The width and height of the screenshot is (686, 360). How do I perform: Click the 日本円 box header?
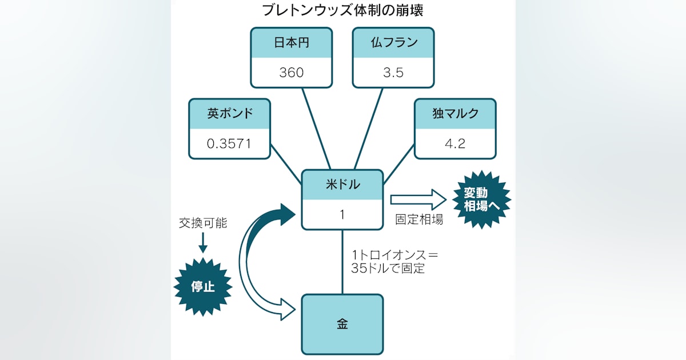[x=292, y=43]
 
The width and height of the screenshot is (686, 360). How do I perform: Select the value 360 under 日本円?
[x=292, y=73]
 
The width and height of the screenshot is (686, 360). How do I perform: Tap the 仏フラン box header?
[x=393, y=43]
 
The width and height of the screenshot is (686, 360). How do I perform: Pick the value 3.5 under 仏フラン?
[x=393, y=73]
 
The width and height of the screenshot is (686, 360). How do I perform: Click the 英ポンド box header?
[x=229, y=113]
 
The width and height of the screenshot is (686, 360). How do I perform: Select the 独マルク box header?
[x=455, y=113]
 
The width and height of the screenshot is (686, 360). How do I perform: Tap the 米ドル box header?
[x=342, y=185]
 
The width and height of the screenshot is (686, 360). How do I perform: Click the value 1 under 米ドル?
[x=342, y=214]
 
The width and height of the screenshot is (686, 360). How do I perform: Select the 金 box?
[x=342, y=324]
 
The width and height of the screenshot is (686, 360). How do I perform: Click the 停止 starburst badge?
[x=202, y=286]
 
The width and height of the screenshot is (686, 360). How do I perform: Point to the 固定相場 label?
[x=419, y=219]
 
